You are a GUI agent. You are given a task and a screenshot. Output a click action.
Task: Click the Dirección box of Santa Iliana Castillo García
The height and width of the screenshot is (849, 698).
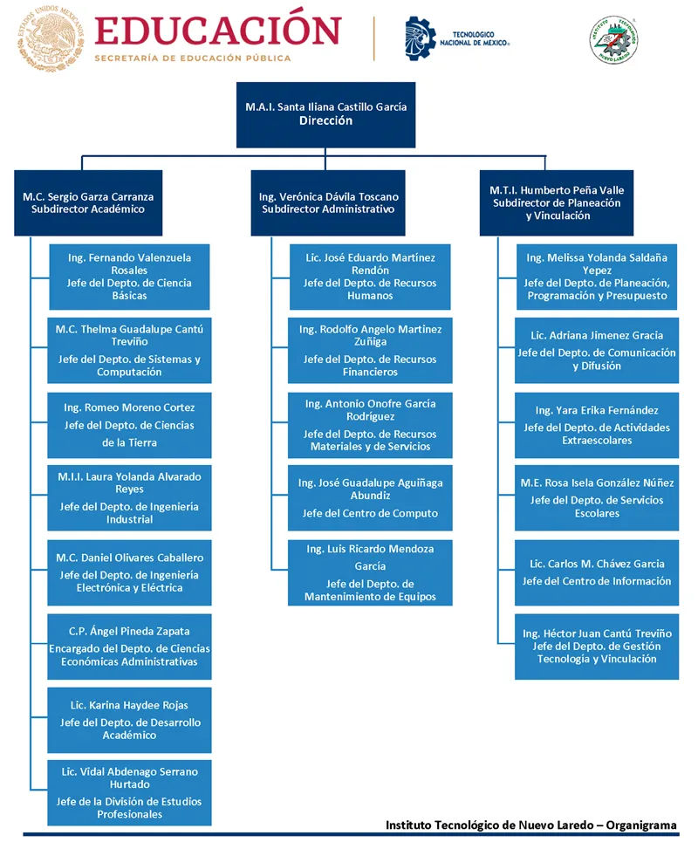coord(325,115)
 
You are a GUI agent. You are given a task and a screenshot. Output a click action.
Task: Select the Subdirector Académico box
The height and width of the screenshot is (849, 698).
coord(88,203)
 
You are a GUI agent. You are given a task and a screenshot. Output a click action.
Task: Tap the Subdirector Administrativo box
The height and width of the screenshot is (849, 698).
coord(327,203)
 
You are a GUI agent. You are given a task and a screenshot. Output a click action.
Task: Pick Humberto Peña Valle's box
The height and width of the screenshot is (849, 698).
coord(556,203)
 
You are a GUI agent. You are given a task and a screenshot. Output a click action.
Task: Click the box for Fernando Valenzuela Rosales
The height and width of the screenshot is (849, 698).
coord(129,277)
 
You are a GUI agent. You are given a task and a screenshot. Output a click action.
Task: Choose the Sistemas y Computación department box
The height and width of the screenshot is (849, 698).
coord(129,350)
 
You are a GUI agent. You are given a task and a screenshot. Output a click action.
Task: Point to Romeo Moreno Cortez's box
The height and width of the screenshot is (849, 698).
coord(129,425)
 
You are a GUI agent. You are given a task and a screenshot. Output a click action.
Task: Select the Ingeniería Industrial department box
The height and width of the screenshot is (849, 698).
coord(129,497)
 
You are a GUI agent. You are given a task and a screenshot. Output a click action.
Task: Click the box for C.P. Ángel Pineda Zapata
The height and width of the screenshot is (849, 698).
coord(129,647)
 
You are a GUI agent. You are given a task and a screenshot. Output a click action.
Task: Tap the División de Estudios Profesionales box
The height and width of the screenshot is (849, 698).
coord(129,792)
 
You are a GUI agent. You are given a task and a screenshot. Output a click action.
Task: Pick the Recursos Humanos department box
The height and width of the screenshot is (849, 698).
coord(370,277)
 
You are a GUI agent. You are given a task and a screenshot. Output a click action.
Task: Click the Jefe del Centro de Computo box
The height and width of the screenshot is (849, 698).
coord(370,497)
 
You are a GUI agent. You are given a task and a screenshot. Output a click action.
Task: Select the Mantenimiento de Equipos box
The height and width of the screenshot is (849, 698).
coord(370,572)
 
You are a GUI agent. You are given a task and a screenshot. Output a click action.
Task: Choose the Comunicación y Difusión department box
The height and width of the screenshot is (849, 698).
coord(597,350)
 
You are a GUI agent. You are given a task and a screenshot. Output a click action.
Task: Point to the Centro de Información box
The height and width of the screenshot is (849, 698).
coord(597,572)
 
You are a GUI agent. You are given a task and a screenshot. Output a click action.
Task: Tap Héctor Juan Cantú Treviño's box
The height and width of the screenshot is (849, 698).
coord(597,647)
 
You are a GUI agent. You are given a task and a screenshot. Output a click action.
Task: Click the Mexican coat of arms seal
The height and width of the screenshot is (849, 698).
coord(51,39)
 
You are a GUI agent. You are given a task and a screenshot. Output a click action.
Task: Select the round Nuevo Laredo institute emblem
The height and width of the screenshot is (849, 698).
coord(613,39)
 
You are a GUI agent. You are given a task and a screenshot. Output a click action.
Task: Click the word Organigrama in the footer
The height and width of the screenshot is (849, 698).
coord(641,825)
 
